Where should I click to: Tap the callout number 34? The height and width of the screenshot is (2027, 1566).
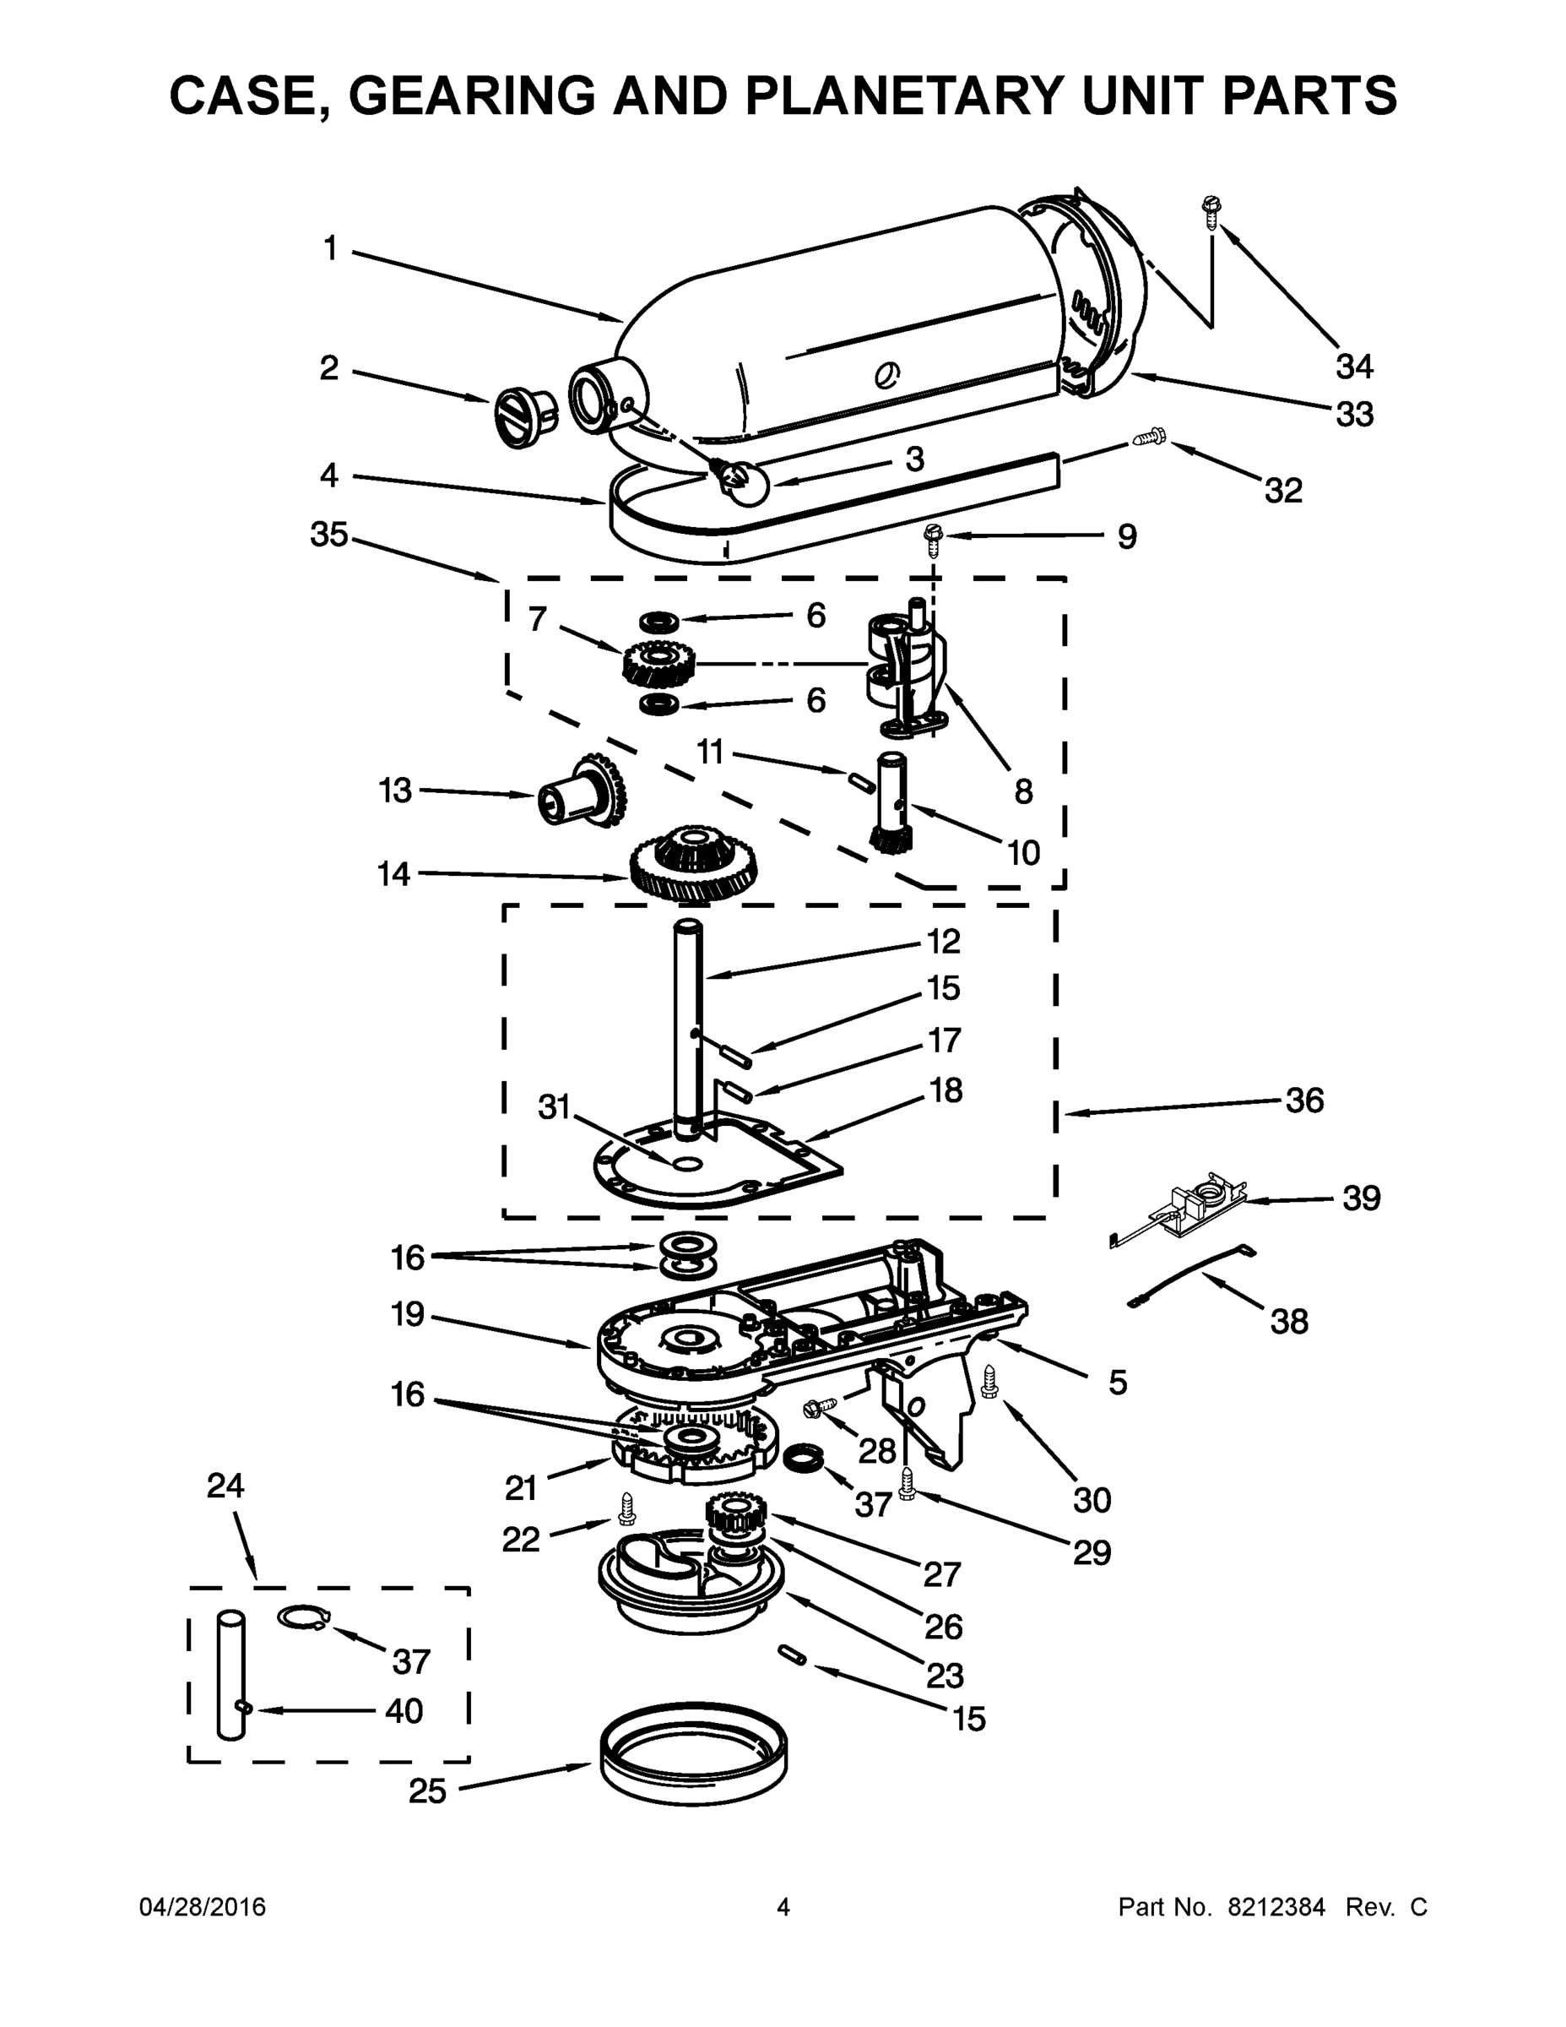click(1353, 367)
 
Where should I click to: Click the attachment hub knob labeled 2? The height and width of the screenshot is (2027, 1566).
click(524, 416)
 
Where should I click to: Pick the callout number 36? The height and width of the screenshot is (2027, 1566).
click(1303, 1100)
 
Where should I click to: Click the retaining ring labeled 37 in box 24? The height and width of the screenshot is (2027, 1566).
click(302, 1617)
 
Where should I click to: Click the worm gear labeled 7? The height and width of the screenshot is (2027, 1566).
click(656, 664)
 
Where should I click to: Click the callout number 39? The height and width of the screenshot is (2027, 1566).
click(1361, 1198)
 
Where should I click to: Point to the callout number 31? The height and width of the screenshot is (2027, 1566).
click(553, 1107)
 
